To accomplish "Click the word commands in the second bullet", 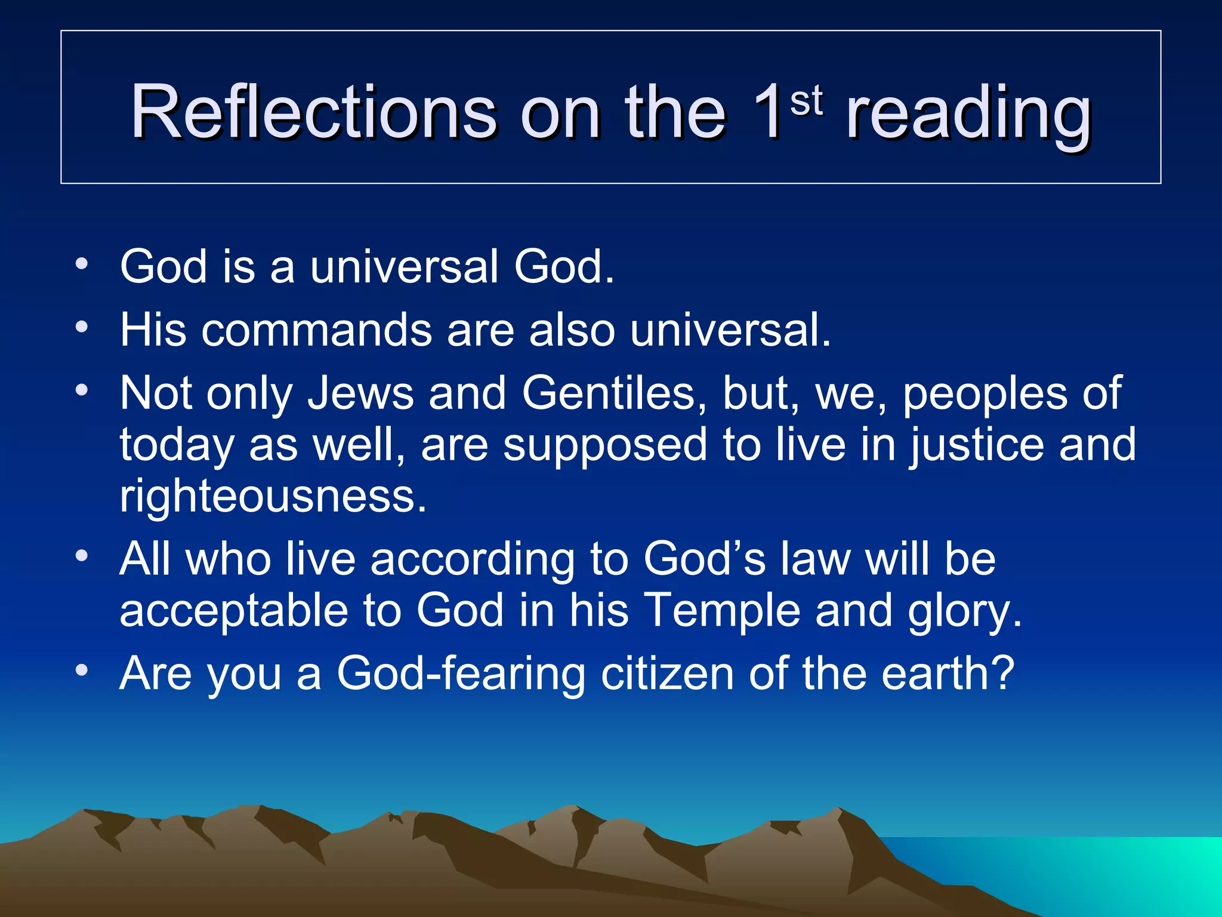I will [x=316, y=330].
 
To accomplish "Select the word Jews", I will [x=360, y=393].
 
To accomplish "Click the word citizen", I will [x=667, y=674].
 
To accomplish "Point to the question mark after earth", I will [x=1002, y=673].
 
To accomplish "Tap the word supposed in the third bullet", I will [x=604, y=445].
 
